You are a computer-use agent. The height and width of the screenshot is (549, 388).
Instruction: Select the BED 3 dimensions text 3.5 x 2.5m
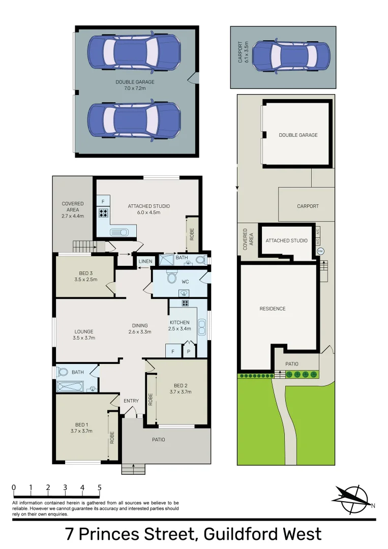pos(85,280)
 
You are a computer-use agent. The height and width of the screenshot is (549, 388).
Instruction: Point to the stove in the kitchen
pos(186,303)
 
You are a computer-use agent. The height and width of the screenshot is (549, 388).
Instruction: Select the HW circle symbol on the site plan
pos(320,251)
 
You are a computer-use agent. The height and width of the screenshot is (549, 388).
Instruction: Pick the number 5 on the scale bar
pos(99,487)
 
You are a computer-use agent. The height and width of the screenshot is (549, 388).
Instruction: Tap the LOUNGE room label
pos(84,331)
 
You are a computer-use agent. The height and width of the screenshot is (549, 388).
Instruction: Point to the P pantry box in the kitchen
pos(188,351)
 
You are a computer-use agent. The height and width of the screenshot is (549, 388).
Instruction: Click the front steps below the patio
pos(133,469)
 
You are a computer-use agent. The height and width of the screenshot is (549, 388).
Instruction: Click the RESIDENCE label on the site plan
pos(273,309)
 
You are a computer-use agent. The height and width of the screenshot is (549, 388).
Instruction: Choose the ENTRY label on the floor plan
pos(131,401)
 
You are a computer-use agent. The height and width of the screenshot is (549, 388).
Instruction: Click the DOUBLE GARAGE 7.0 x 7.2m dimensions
pos(135,88)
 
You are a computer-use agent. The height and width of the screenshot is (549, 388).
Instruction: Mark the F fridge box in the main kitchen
pos(173,351)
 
